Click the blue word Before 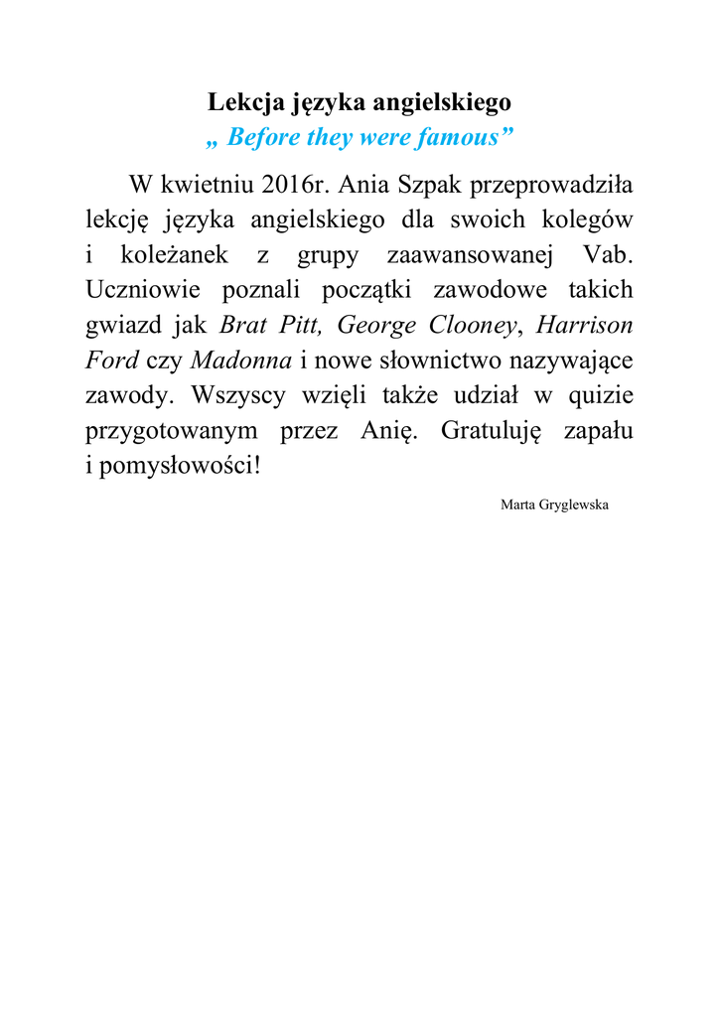262,137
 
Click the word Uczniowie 140,290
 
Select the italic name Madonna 240,360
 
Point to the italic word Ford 111,360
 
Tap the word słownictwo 447,360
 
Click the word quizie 600,395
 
